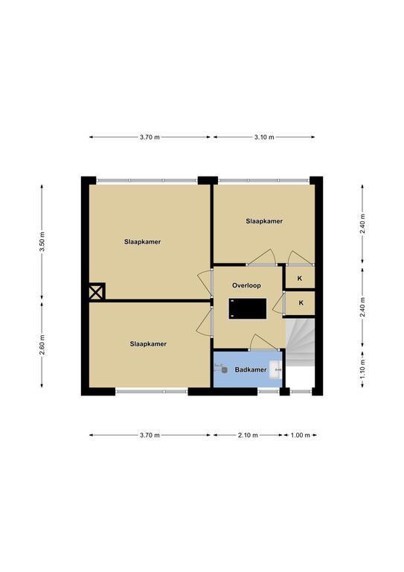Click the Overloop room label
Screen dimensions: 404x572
246,285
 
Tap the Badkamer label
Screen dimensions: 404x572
251,369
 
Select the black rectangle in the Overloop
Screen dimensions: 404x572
248,308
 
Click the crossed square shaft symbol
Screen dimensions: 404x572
97,292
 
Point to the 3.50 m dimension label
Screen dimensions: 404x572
42,242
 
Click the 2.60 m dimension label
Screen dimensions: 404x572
42,344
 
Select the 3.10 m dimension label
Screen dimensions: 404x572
264,137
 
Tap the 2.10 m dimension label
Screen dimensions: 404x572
248,435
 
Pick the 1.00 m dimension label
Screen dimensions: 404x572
301,435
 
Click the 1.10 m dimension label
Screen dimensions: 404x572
362,369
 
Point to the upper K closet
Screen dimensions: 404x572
300,278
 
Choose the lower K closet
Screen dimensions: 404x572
300,303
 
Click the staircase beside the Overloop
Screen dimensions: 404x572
300,342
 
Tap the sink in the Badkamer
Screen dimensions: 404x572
275,369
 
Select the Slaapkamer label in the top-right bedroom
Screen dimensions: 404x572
264,221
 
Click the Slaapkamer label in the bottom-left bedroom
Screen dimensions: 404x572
148,343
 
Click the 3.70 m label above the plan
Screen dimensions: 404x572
150,137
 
